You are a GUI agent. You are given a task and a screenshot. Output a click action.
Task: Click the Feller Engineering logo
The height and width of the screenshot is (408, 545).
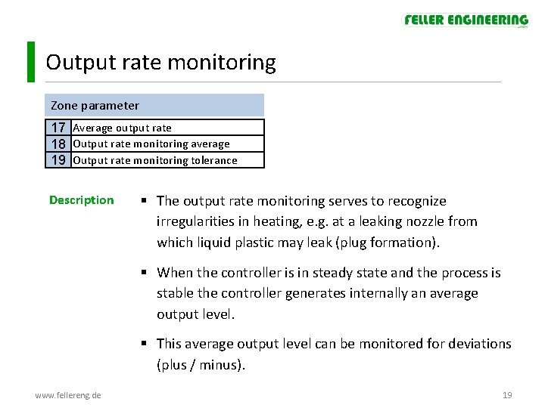(x=466, y=20)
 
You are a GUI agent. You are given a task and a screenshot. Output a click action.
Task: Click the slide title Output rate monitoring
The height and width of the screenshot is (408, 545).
(x=160, y=62)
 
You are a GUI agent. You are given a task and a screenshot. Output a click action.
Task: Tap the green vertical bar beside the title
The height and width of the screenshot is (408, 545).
(x=30, y=62)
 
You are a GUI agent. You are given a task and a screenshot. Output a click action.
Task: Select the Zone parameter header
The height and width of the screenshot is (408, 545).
(x=95, y=105)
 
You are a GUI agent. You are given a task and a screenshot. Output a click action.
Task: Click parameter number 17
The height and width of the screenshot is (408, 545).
(x=58, y=128)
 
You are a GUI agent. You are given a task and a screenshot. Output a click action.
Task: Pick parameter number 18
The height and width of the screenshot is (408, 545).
(x=58, y=144)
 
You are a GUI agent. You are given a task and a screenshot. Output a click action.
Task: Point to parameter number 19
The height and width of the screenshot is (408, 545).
(x=58, y=159)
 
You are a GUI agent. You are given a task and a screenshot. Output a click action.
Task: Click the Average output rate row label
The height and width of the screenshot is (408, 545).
(x=122, y=128)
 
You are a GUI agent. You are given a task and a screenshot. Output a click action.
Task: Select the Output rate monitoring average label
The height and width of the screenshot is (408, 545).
(x=151, y=144)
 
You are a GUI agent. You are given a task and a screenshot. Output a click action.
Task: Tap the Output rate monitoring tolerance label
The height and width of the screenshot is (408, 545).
(x=154, y=160)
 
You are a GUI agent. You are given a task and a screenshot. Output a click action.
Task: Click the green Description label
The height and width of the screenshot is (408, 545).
(x=81, y=200)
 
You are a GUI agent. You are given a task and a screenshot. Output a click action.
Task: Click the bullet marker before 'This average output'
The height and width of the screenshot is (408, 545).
(x=144, y=344)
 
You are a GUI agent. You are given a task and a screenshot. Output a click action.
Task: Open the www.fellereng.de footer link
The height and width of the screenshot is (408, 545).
(x=68, y=395)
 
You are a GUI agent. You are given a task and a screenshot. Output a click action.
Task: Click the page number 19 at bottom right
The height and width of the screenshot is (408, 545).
(x=507, y=395)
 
